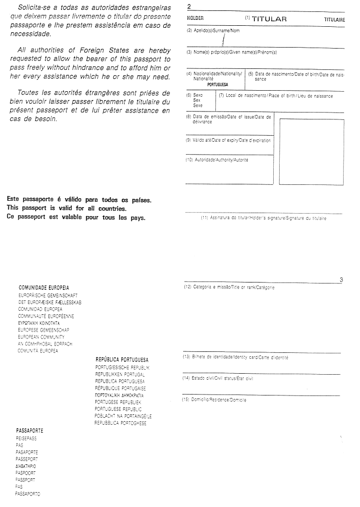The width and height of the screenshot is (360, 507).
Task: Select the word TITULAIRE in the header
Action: [x=334, y=19]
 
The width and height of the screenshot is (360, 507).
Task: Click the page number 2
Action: [x=189, y=7]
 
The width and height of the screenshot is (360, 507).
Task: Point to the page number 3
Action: [x=341, y=280]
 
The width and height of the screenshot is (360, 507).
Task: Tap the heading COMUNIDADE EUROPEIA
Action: [x=44, y=287]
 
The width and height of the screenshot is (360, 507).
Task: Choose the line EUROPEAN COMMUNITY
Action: [x=38, y=337]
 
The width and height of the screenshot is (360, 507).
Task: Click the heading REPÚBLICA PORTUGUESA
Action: [x=122, y=359]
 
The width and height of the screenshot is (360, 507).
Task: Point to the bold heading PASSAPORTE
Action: [x=29, y=431]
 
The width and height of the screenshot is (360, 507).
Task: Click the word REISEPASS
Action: [x=26, y=439]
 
